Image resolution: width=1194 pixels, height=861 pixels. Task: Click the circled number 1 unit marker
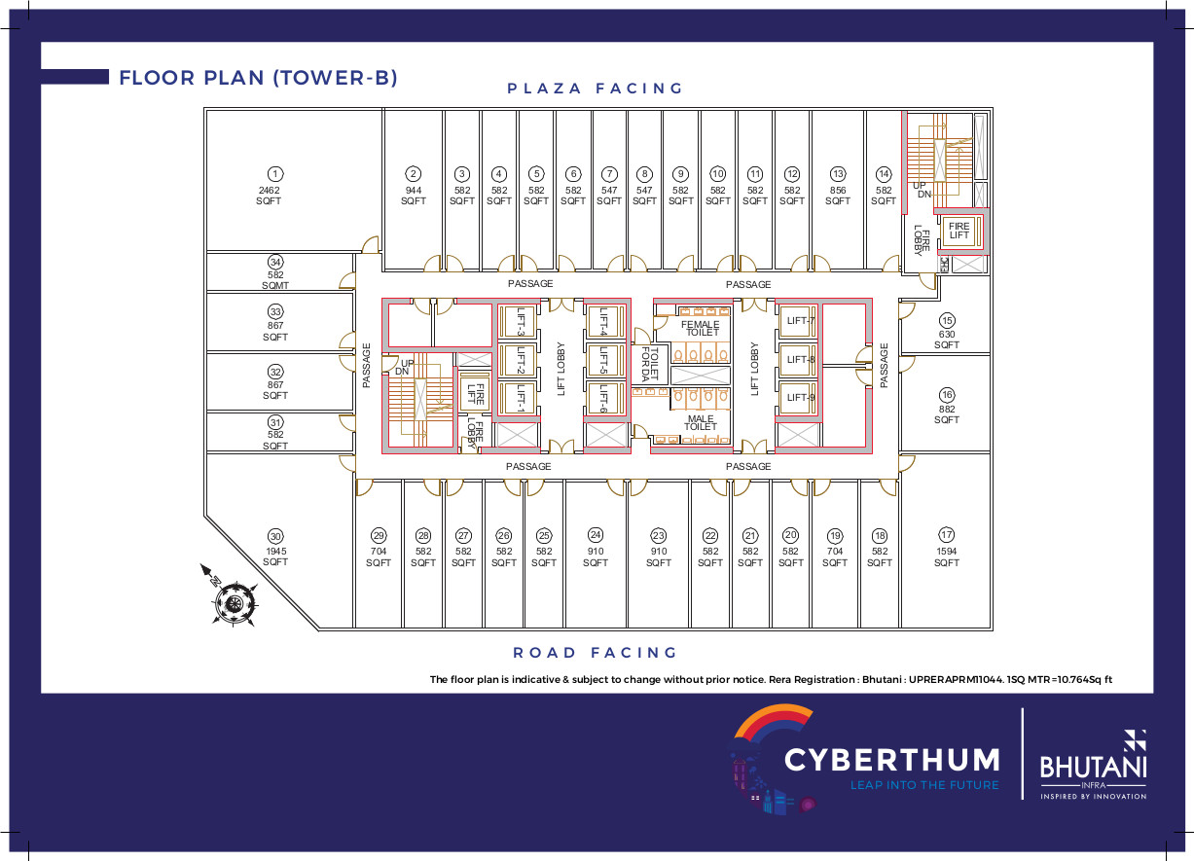coord(275,174)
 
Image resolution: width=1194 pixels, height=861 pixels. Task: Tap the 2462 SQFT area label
coord(269,196)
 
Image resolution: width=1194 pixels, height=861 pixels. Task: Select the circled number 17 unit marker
coord(946,535)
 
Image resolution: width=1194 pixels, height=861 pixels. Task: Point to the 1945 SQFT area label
coord(275,556)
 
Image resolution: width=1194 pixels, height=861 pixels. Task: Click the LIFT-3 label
coord(521,322)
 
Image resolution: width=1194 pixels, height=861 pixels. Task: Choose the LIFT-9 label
coord(801,398)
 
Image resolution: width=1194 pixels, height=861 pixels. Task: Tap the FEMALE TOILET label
coord(701,328)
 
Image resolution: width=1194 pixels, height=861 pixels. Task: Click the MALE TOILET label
coord(701,422)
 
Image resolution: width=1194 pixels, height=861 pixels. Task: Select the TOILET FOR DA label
coord(650,365)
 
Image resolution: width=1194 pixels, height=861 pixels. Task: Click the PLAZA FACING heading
coord(595,88)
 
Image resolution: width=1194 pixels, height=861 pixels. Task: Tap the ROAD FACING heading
coord(595,652)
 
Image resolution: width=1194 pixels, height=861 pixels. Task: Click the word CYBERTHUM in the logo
coord(891,759)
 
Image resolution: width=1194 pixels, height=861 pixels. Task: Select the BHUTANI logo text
coord(1093,768)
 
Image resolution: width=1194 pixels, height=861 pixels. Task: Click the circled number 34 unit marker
coord(275,262)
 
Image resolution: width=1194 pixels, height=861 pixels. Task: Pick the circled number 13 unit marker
coord(838,174)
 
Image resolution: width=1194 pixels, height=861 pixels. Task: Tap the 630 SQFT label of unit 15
coord(947,340)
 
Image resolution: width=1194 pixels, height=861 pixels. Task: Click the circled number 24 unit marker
coord(596,535)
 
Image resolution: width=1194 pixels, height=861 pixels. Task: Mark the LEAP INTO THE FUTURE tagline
coord(924,785)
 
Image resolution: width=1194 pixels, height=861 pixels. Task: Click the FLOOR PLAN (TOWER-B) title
coord(259,78)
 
